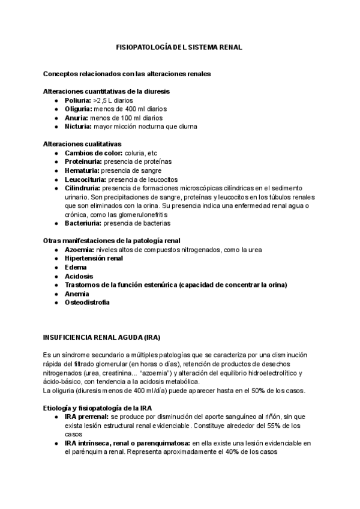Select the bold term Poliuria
click(77, 100)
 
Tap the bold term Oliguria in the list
click(77, 109)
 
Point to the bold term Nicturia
click(77, 127)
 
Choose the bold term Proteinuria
click(83, 161)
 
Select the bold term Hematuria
click(82, 170)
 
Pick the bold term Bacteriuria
click(83, 223)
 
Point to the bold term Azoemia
click(79, 249)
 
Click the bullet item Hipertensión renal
click(94, 258)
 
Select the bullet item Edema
click(75, 267)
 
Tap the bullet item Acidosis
click(78, 276)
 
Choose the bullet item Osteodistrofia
click(87, 302)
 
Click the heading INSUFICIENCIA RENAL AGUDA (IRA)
click(101, 337)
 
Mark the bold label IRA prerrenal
click(86, 416)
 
